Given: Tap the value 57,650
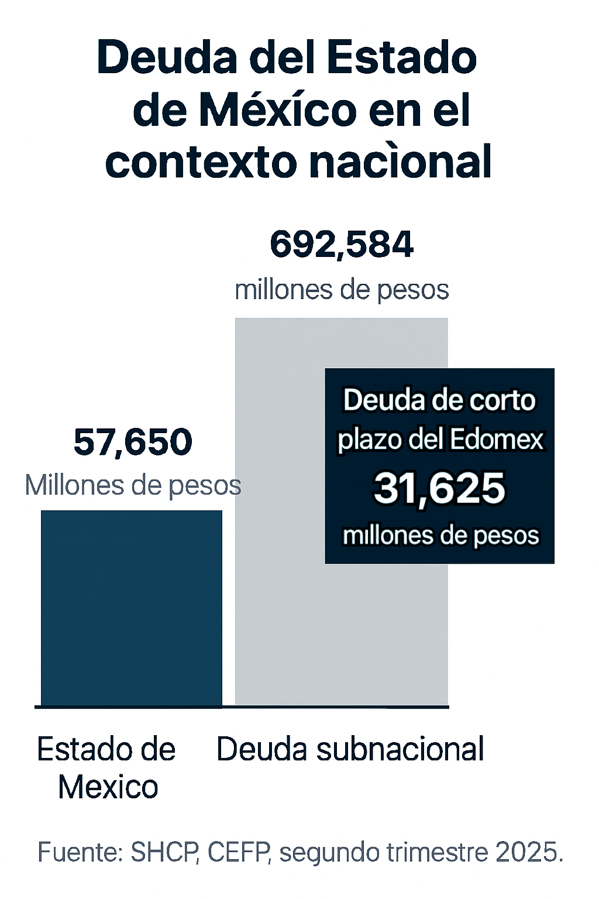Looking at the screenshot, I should click(133, 442).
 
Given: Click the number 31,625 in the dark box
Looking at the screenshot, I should click(439, 488).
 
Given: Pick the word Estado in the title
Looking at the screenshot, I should click(401, 57).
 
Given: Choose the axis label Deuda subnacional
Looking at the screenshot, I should click(350, 749).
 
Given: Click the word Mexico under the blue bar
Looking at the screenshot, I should click(108, 787).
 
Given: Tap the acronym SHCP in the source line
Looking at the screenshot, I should click(164, 852).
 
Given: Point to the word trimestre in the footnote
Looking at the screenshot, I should click(438, 852).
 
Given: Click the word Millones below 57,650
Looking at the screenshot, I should click(71, 485).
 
